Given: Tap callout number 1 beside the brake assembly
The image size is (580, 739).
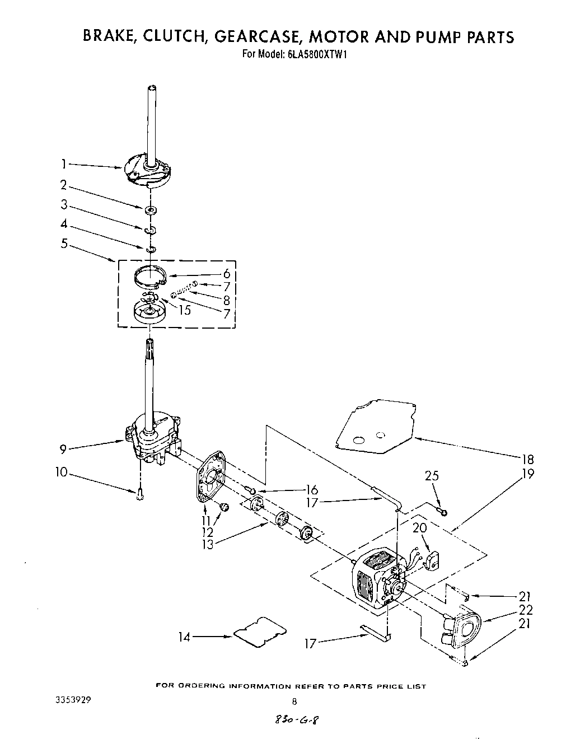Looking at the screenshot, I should click(64, 165).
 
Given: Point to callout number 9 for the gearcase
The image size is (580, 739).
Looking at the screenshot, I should click(64, 448).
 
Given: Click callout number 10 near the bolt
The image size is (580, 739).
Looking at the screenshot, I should click(61, 472).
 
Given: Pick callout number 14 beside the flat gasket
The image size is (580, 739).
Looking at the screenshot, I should click(184, 636).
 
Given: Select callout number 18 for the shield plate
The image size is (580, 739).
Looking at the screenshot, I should click(527, 459).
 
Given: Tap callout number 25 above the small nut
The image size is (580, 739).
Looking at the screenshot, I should click(432, 476).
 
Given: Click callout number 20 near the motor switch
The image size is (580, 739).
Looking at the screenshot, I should click(420, 528).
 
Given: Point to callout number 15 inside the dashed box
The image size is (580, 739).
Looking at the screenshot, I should click(184, 310).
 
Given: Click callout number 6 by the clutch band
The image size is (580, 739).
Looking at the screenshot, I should click(226, 274).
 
